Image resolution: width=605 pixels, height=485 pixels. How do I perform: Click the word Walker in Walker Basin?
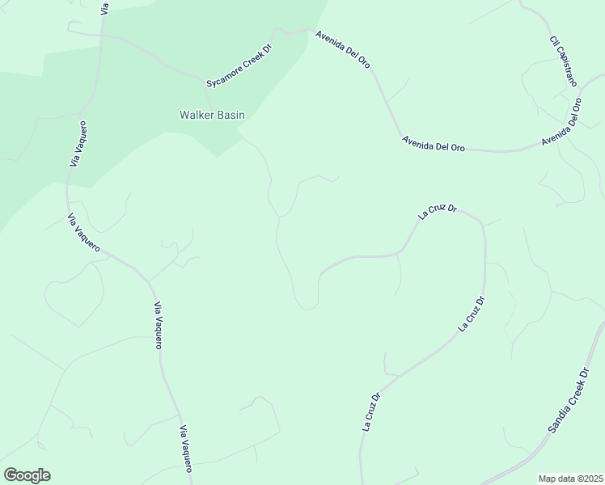pyautogui.click(x=197, y=115)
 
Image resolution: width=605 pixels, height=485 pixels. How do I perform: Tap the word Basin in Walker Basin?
pyautogui.click(x=230, y=115)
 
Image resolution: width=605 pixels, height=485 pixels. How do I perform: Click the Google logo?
pyautogui.click(x=26, y=475)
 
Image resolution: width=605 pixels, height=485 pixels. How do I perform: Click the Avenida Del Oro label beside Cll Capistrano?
pyautogui.click(x=561, y=122)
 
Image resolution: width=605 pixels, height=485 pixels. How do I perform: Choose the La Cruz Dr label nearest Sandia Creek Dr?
pyautogui.click(x=472, y=314)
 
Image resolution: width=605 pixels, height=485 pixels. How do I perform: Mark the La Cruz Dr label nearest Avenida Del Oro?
pyautogui.click(x=438, y=213)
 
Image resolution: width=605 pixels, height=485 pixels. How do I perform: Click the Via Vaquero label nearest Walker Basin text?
pyautogui.click(x=78, y=144)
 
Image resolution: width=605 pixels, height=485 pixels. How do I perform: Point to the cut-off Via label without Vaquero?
pyautogui.click(x=104, y=8)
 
